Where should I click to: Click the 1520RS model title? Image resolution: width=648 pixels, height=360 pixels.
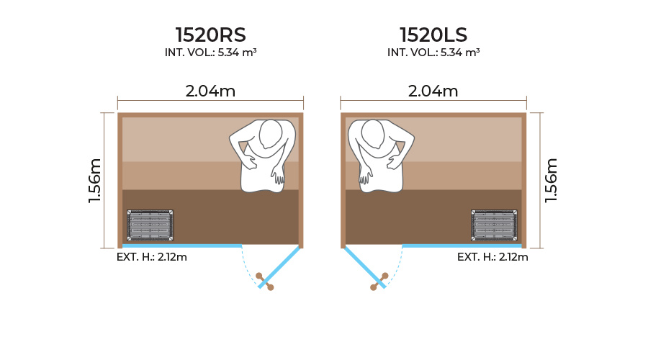(210, 35)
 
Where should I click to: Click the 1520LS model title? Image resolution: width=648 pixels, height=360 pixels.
(433, 35)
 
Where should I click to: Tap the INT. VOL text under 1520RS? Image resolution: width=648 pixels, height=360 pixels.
(210, 53)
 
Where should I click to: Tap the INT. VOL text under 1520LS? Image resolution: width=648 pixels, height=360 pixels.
(433, 53)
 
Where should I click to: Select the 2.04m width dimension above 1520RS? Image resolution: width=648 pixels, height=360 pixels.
(210, 91)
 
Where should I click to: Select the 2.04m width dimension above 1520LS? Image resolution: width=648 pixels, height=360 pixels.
(433, 91)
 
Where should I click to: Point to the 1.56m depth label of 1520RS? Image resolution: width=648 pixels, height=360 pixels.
(96, 180)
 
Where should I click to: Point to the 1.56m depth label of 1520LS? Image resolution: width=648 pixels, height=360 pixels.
(551, 180)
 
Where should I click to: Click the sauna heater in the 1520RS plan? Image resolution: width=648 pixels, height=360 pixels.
(150, 225)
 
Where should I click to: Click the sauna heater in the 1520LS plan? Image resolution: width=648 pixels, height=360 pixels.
(495, 225)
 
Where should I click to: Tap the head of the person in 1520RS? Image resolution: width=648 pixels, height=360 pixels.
(270, 135)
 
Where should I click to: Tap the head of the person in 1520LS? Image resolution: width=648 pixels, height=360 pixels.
(374, 135)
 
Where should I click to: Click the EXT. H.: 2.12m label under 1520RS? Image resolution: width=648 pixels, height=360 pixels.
(151, 257)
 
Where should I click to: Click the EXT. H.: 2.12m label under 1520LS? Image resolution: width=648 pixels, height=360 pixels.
(492, 257)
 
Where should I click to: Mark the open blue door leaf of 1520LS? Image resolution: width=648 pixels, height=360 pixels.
(364, 266)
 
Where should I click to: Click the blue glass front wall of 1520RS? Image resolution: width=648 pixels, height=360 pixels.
(180, 246)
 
